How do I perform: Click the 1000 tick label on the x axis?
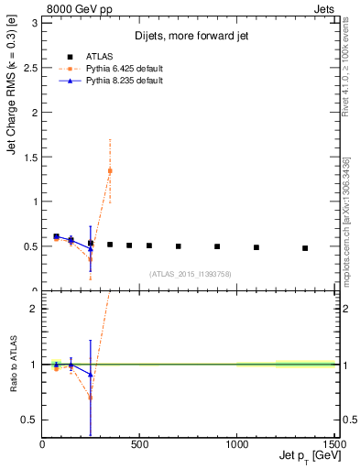(x=237, y=444)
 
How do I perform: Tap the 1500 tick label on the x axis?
(x=334, y=444)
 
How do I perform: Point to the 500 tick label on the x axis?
(x=140, y=444)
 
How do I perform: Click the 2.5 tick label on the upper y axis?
(x=31, y=67)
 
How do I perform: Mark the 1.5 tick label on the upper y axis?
(x=31, y=157)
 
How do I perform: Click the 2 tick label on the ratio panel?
(x=35, y=309)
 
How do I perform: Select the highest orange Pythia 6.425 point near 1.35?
(x=110, y=171)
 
